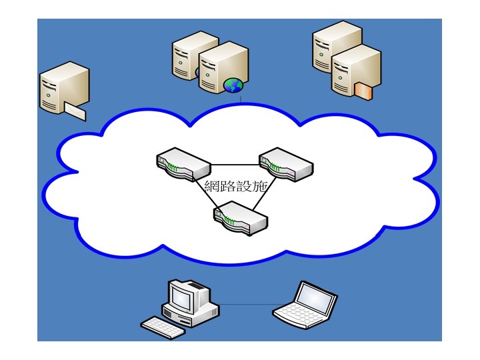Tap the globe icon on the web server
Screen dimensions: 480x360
point(233,85)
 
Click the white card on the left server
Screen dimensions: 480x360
point(75,111)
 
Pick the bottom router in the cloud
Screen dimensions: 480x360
point(240,218)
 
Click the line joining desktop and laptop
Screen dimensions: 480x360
point(247,304)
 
